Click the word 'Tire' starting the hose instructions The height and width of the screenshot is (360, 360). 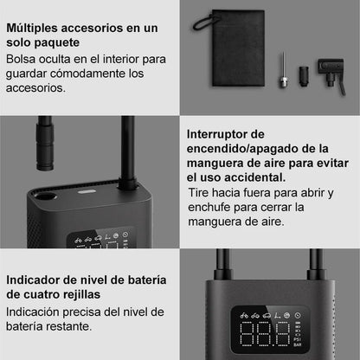click(201, 192)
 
